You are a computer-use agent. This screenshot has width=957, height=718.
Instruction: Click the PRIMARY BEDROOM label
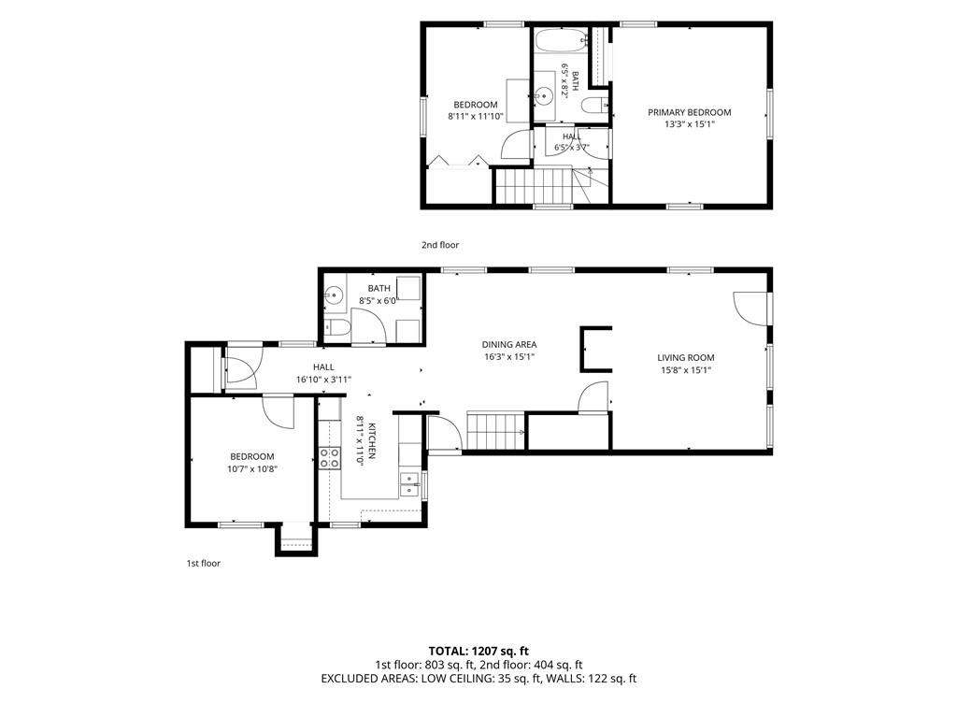pos(689,112)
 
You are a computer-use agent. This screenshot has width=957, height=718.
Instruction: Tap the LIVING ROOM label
pos(685,358)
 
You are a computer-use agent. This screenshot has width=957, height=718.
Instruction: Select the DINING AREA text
pos(509,344)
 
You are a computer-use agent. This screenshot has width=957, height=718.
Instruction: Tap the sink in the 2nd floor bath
pos(544,95)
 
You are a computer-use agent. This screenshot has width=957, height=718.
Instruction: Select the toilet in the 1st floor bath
pos(336,328)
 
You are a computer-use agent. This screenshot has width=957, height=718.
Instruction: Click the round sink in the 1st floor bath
pos(334,296)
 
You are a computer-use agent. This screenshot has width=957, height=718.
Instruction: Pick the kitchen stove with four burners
pos(330,458)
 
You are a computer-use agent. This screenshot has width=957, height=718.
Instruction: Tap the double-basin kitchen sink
pos(409,486)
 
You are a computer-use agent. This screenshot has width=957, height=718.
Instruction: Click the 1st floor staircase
pos(495,432)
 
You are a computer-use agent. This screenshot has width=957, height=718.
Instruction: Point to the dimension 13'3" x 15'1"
pos(689,124)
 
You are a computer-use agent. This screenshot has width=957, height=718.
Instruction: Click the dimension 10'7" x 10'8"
pos(252,468)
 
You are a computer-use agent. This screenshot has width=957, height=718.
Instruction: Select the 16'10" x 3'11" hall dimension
pos(323,380)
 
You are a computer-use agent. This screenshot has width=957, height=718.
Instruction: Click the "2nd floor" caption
pos(440,245)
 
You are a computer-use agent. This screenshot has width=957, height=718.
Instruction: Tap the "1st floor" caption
pos(203,563)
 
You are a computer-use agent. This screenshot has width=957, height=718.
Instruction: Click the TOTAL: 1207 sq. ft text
pos(478,651)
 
